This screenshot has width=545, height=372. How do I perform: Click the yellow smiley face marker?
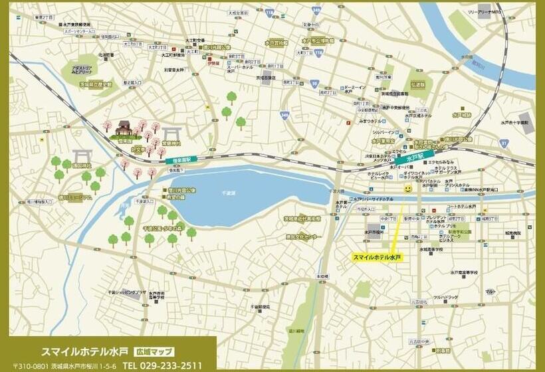point(407,189)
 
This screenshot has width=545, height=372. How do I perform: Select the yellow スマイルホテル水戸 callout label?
point(377,256)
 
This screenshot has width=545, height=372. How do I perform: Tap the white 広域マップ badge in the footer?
point(154,351)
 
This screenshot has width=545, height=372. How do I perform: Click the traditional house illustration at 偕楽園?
point(124,128)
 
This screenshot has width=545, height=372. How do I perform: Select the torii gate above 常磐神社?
point(171,133)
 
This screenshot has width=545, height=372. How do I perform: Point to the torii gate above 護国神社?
point(81,155)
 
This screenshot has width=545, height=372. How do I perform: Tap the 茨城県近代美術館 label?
point(302,218)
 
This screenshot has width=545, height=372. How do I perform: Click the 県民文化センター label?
point(303,236)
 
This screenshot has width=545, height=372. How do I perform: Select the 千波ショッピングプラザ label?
point(128,292)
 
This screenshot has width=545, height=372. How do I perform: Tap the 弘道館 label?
point(417,85)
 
